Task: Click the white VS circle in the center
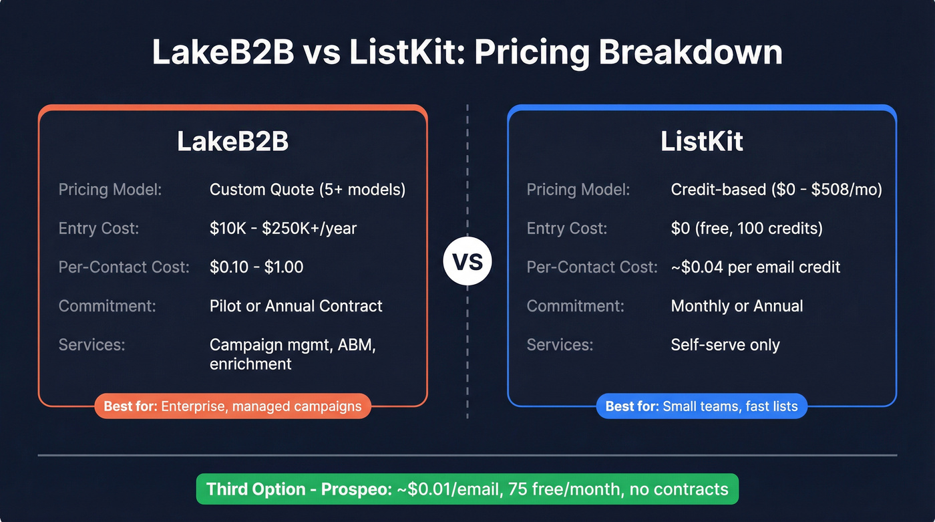tap(467, 261)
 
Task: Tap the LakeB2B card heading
tap(232, 142)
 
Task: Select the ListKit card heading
tap(702, 142)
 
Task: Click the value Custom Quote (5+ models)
tap(307, 190)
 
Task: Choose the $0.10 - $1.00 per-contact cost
tap(256, 267)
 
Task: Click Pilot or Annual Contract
tap(296, 306)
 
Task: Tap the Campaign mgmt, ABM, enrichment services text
tap(293, 354)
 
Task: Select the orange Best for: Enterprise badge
tap(232, 406)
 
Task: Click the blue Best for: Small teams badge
tap(701, 406)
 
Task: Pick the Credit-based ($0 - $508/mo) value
tap(776, 190)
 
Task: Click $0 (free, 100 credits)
tap(747, 229)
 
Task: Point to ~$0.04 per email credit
tap(755, 267)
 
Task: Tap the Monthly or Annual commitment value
tap(737, 306)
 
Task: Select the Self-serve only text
tap(725, 345)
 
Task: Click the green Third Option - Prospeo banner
tap(467, 489)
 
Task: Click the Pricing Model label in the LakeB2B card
tap(110, 190)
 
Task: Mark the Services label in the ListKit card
tap(560, 345)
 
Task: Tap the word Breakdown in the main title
tap(690, 52)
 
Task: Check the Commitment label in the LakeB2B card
tap(107, 306)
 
